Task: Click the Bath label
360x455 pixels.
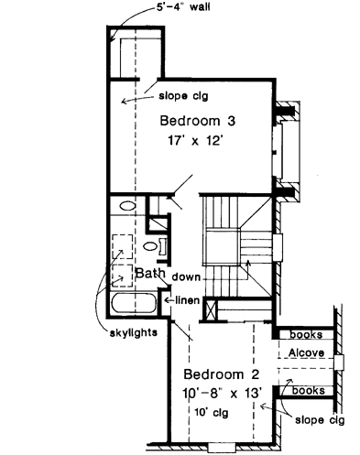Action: click(x=149, y=273)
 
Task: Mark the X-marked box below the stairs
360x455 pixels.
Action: click(x=212, y=312)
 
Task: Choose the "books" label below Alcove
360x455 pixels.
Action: click(x=308, y=391)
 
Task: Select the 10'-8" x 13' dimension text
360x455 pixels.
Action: click(x=224, y=393)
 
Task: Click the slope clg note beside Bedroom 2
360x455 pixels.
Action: click(x=320, y=420)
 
